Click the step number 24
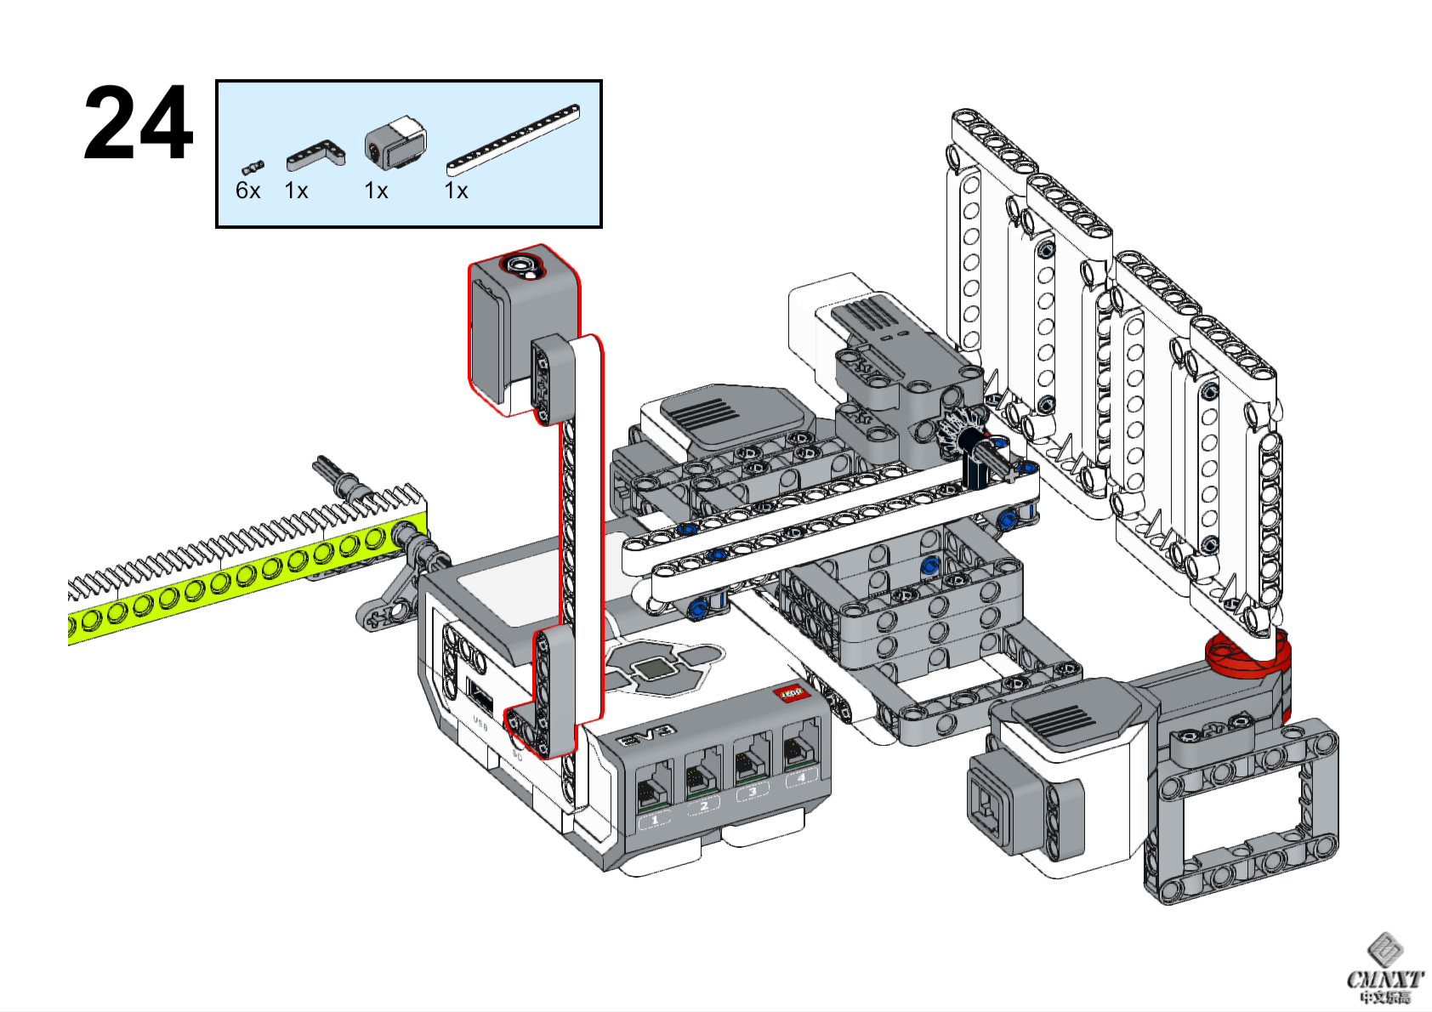(138, 123)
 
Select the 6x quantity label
(247, 190)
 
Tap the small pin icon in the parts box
(253, 166)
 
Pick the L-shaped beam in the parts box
(315, 155)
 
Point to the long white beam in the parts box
(513, 139)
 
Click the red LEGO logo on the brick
(790, 694)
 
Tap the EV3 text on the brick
(645, 736)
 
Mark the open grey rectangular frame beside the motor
(1242, 812)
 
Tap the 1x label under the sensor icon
(376, 190)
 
